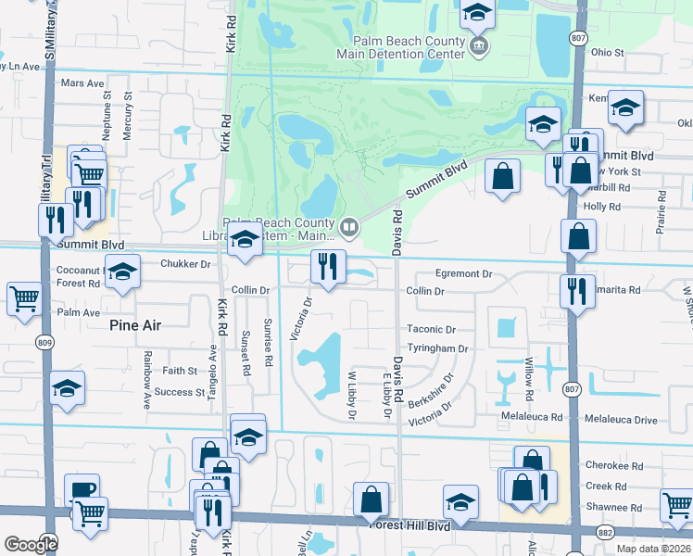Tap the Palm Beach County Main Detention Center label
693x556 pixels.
408,47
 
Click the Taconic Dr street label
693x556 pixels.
432,329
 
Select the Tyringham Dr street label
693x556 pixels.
438,348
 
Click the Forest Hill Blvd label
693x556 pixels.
409,525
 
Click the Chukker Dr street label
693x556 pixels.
186,264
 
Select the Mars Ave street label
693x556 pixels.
82,83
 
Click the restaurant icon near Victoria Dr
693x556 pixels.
327,267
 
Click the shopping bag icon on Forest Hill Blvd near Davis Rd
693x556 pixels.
371,499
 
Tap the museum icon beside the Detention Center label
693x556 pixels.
479,47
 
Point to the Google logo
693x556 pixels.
31,544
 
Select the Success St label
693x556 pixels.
181,392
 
